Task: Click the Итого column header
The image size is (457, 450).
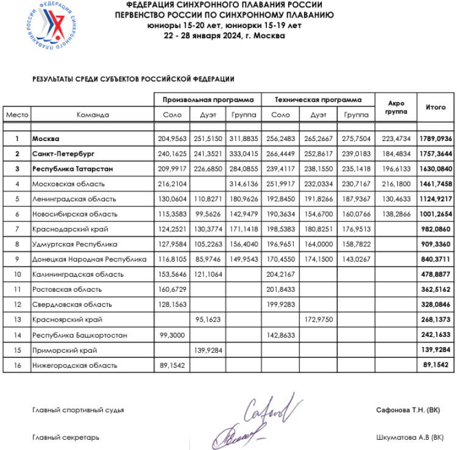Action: point(435,107)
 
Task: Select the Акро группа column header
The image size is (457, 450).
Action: point(396,108)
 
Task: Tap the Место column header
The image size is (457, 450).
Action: point(17,114)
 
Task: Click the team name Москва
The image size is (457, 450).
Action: point(47,139)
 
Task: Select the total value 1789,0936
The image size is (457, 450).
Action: point(436,139)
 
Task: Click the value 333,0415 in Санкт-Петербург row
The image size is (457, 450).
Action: point(244,154)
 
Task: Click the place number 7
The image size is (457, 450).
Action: point(17,229)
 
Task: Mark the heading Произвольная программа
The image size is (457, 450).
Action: point(208,99)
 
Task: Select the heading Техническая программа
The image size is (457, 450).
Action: point(317,99)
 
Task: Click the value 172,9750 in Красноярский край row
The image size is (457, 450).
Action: point(317,320)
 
